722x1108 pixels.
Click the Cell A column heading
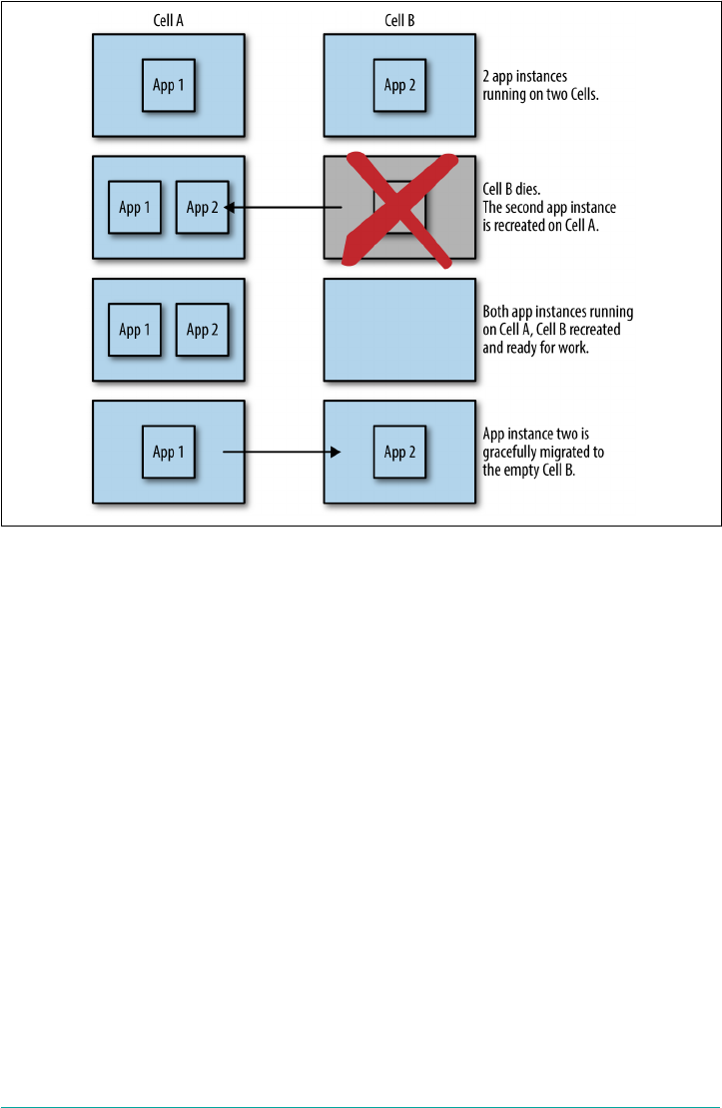[x=168, y=19]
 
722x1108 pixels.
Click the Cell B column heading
[x=399, y=19]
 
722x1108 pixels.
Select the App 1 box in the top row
[x=168, y=85]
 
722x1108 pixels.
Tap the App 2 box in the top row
[x=399, y=85]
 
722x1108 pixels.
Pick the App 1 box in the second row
[x=135, y=208]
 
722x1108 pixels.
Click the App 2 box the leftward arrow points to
[x=202, y=208]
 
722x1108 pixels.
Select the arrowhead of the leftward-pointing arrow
[x=229, y=208]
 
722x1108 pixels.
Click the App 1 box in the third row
[x=135, y=330]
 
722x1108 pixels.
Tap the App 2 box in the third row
[x=202, y=330]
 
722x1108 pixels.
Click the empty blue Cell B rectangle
[x=399, y=330]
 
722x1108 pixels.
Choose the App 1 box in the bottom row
[x=168, y=453]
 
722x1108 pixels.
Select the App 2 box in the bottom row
[x=399, y=453]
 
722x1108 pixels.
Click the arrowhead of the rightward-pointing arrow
[x=337, y=453]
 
